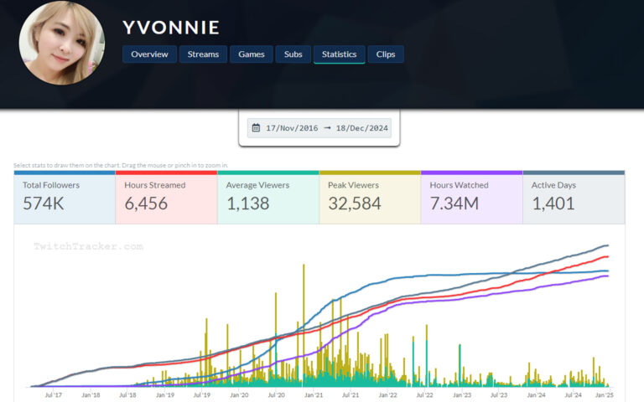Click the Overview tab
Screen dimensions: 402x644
pos(149,54)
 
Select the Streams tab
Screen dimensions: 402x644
pos(203,54)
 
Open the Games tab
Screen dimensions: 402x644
pos(252,54)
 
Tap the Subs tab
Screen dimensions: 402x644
pos(293,54)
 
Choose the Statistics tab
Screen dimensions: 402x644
pos(339,54)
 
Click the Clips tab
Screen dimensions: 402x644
pos(386,54)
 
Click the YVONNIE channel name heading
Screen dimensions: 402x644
pos(171,28)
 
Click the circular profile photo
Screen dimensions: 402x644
pos(62,43)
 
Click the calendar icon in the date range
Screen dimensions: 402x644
pos(257,128)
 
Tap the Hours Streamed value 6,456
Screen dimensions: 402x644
pos(146,203)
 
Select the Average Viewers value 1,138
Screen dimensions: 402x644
pos(247,203)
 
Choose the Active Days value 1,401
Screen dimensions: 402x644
pos(554,203)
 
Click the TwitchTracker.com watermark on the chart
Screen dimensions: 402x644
pos(88,246)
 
